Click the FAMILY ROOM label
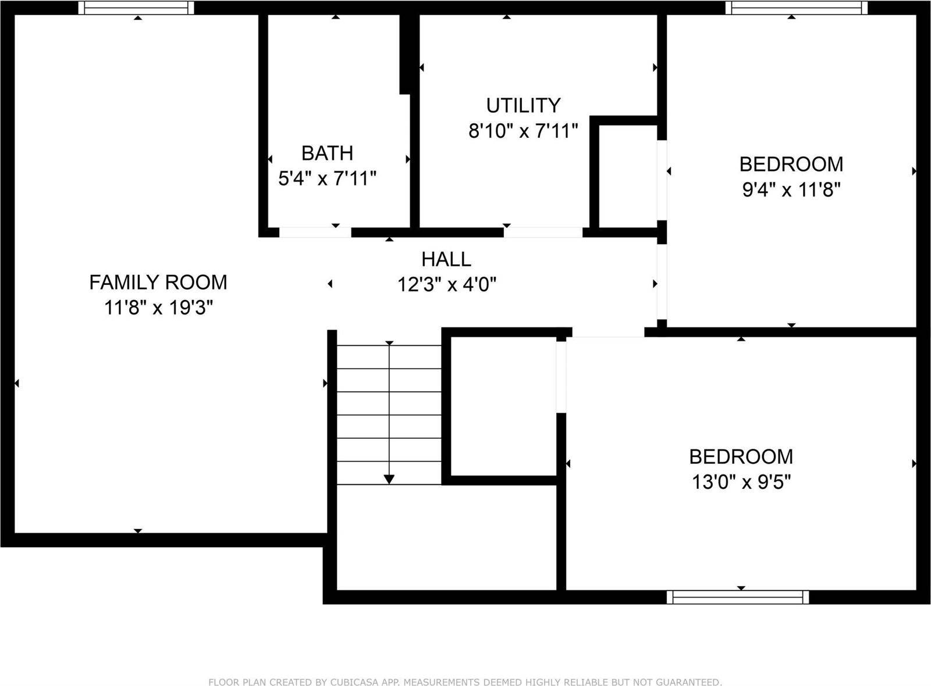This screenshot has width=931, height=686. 158,283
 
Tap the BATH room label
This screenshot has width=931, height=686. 327,153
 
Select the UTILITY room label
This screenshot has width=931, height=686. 523,105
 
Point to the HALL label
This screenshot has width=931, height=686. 446,259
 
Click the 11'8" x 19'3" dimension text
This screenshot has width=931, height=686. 158,308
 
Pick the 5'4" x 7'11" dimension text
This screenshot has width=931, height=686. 327,178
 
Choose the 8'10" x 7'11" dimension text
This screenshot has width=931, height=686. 523,131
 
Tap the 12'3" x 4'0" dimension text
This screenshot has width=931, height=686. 446,285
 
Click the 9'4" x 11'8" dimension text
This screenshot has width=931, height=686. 791,190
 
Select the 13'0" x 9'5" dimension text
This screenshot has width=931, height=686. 741,482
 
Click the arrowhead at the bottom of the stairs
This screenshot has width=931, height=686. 389,479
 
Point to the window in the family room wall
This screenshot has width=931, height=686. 137,8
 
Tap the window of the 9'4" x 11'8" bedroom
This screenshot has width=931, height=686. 796,8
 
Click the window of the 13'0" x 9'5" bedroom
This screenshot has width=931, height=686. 738,597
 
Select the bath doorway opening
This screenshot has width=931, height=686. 315,233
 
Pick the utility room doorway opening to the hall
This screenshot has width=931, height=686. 543,233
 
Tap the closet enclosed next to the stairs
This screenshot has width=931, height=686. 504,406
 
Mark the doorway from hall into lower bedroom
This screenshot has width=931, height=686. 608,333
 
